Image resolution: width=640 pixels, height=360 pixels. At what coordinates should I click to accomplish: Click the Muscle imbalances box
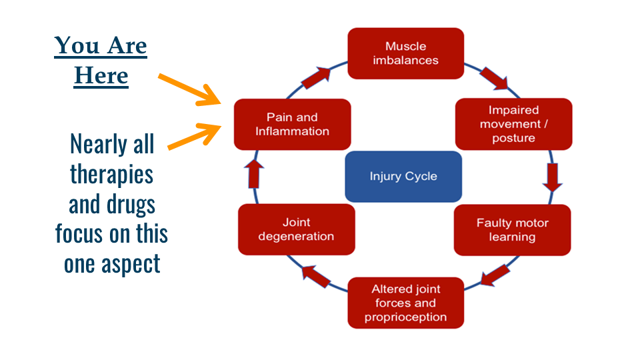tap(406, 53)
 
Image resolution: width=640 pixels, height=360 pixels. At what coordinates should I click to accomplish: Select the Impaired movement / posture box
tap(514, 124)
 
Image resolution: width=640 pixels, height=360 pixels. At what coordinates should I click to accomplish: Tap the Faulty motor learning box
tap(512, 230)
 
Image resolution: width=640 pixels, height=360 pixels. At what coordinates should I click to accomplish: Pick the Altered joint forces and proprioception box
tap(405, 303)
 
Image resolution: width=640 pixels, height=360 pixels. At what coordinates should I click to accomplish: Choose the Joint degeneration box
tap(296, 229)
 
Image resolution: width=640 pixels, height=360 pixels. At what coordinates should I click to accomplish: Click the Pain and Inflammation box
tap(292, 124)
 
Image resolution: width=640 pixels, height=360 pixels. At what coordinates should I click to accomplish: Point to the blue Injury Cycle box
tap(403, 177)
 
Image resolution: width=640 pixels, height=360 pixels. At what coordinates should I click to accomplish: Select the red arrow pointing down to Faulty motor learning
tap(551, 177)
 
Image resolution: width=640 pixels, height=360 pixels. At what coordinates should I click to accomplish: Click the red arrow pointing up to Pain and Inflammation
tap(256, 175)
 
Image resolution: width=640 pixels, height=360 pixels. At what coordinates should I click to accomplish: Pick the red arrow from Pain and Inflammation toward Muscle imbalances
tap(317, 78)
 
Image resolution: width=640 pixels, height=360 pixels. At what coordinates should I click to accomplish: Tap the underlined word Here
tap(101, 75)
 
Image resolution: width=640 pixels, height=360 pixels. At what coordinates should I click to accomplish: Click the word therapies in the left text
tap(111, 174)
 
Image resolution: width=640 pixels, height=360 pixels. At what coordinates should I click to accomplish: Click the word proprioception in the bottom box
tap(405, 317)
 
